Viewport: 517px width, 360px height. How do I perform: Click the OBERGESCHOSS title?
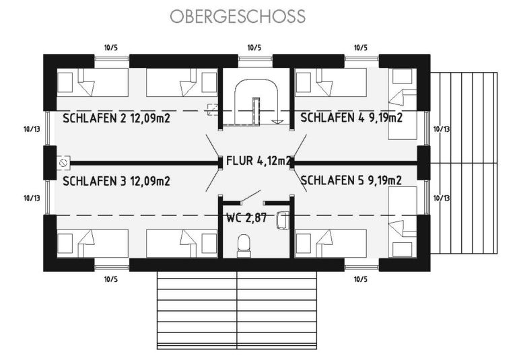tap(238, 16)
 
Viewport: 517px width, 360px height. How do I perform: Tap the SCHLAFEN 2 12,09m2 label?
tap(116, 118)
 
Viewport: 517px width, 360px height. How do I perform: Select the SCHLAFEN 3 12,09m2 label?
tap(116, 181)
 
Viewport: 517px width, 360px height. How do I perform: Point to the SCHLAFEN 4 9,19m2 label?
tap(351, 117)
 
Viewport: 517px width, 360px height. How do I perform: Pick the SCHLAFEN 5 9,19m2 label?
tap(351, 180)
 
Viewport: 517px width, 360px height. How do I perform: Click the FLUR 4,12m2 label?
tap(258, 161)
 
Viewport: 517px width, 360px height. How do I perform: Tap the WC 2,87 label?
tap(246, 217)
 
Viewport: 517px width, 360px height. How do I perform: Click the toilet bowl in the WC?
tap(244, 246)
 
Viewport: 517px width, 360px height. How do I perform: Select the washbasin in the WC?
tap(283, 220)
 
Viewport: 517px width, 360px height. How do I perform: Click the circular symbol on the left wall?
tap(63, 163)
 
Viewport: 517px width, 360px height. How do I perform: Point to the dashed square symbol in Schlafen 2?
tap(212, 110)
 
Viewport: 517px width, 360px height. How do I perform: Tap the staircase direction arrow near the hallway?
tap(277, 122)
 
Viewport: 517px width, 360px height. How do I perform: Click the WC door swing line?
tap(251, 196)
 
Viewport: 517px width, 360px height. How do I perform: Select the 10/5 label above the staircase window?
tap(254, 48)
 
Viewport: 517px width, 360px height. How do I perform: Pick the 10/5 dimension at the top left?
tap(111, 48)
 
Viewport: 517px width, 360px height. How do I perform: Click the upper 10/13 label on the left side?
tap(32, 129)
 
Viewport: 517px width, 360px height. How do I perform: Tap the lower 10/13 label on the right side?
tap(442, 198)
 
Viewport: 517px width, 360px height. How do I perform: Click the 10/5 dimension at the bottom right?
tap(361, 279)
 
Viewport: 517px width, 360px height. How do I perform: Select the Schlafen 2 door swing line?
tap(212, 145)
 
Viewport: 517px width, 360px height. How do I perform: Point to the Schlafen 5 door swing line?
tap(300, 180)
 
